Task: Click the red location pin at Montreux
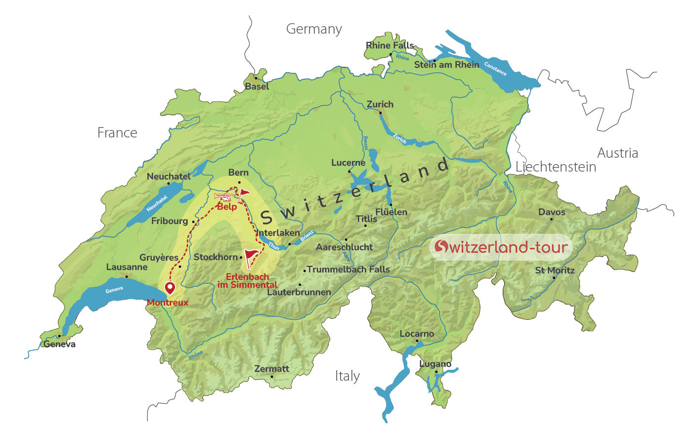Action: (170, 287)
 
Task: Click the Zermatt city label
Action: (271, 369)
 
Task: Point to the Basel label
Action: (257, 87)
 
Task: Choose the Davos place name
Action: (552, 212)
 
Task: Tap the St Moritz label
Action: (555, 270)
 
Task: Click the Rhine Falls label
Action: (390, 45)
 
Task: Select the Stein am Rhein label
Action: (446, 65)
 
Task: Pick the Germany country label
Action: (314, 29)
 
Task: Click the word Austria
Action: (617, 153)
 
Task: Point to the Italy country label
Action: (347, 376)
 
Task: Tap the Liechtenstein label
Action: (556, 167)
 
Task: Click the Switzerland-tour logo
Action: (501, 247)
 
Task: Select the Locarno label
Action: (417, 334)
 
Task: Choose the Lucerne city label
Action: (348, 163)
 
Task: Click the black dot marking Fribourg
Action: (193, 222)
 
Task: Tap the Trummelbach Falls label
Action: (348, 269)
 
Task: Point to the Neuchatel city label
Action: (169, 176)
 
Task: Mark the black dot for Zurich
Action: (380, 112)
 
